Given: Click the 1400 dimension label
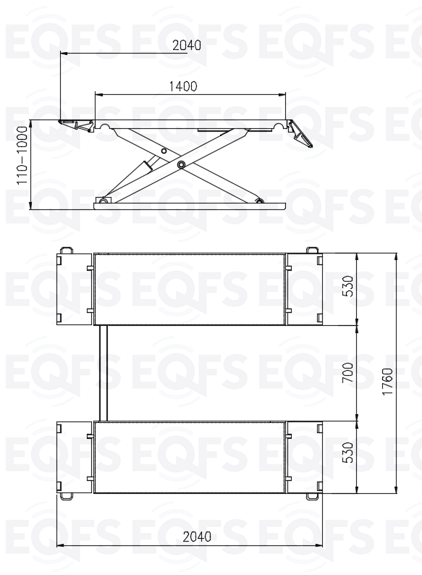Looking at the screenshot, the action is coord(183,87).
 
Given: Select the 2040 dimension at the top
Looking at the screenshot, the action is coord(187,45).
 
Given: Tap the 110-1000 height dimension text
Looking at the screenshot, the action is coord(22,155).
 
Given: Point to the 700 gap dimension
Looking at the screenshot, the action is coord(347,372).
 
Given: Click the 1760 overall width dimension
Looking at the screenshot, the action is coord(387,382).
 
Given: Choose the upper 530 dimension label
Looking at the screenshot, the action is coord(347,286).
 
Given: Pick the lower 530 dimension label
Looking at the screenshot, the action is coord(347,453).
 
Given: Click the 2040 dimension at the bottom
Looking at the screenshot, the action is coord(197,537).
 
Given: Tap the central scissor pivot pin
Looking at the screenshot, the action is coord(180,164).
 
